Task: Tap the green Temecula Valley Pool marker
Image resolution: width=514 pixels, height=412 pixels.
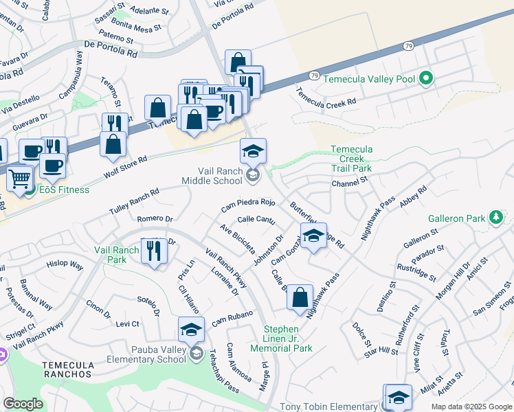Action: (425, 79)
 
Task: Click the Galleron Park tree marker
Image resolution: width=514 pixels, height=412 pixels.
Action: (495, 218)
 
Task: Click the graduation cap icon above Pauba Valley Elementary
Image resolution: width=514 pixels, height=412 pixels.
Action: (191, 329)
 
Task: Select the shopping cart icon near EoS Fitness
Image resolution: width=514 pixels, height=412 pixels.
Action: (20, 179)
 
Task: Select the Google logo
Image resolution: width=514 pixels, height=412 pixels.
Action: (23, 404)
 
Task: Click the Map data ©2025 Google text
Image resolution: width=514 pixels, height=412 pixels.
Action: (471, 407)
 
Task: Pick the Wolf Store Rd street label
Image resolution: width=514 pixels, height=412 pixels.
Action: (126, 165)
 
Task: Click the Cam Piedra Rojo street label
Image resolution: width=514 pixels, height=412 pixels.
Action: (248, 204)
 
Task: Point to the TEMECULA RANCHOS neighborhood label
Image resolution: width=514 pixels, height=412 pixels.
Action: (67, 369)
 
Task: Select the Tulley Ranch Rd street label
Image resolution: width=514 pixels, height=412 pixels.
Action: (134, 202)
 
